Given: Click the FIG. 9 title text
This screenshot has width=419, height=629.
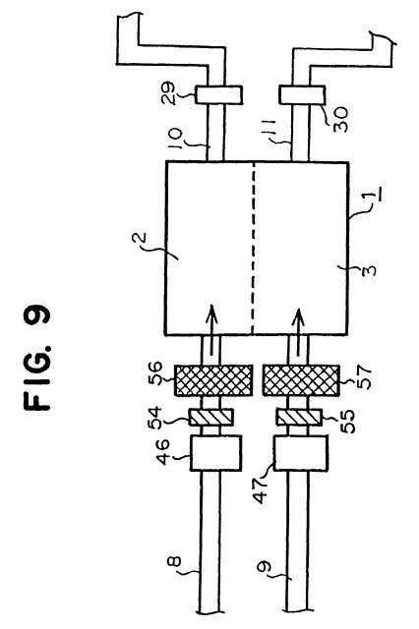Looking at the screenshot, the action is click(x=37, y=358).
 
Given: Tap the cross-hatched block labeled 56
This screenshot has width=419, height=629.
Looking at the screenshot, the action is click(x=213, y=380).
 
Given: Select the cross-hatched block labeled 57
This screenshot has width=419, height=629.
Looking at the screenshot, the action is click(x=301, y=380).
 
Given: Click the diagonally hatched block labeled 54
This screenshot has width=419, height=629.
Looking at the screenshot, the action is click(x=210, y=417).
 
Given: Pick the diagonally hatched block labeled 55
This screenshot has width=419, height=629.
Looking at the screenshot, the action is click(x=299, y=417).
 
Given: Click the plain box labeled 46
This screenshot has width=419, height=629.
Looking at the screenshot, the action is click(x=215, y=453).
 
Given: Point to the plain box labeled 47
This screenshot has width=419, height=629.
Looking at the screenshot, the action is click(x=300, y=453).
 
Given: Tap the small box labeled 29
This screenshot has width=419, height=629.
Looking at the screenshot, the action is click(x=218, y=95).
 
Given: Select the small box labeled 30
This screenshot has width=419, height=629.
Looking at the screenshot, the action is click(x=302, y=95).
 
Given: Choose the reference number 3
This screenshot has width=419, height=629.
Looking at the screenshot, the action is click(x=370, y=269).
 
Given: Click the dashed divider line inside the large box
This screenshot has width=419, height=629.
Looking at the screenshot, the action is click(x=253, y=249).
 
